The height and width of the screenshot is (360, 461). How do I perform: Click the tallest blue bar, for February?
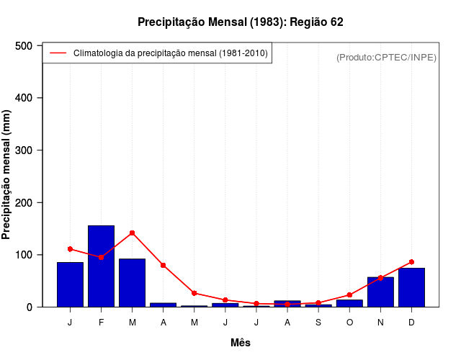pos(101,266)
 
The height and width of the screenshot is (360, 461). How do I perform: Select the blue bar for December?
pos(411,287)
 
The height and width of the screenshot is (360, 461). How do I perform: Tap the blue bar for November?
pos(380,292)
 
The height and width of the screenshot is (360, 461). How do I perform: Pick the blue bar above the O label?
pos(349,303)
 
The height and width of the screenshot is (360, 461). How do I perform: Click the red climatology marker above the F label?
pos(101,257)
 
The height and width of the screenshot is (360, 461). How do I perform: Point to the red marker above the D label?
pos(411,262)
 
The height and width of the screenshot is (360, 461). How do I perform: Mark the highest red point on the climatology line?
pos(132,233)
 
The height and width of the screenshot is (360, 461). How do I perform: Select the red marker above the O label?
pos(349,295)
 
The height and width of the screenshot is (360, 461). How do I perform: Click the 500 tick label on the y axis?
pos(24,46)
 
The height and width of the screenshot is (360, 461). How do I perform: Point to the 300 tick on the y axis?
pos(24,150)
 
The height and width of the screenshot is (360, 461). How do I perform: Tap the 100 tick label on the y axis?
pos(24,255)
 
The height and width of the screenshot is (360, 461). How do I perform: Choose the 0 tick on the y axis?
pos(30,307)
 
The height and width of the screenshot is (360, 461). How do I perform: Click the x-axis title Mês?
pos(241,343)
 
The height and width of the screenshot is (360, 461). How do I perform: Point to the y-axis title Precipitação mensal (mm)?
pos(7,176)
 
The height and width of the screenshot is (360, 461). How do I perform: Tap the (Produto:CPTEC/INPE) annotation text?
pos(386,57)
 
